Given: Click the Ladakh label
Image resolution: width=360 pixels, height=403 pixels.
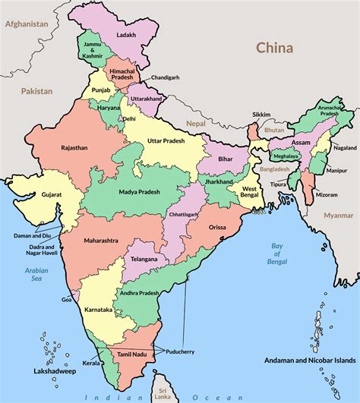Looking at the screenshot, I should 127,36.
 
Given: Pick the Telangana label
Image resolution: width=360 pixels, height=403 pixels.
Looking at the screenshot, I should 144,260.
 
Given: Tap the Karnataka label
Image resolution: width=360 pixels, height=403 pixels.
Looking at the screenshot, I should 99,310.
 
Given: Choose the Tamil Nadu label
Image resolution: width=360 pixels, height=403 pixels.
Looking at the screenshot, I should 131,354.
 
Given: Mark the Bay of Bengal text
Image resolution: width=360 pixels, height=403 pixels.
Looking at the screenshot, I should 279,253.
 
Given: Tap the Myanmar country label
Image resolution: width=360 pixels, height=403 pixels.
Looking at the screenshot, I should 339,216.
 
